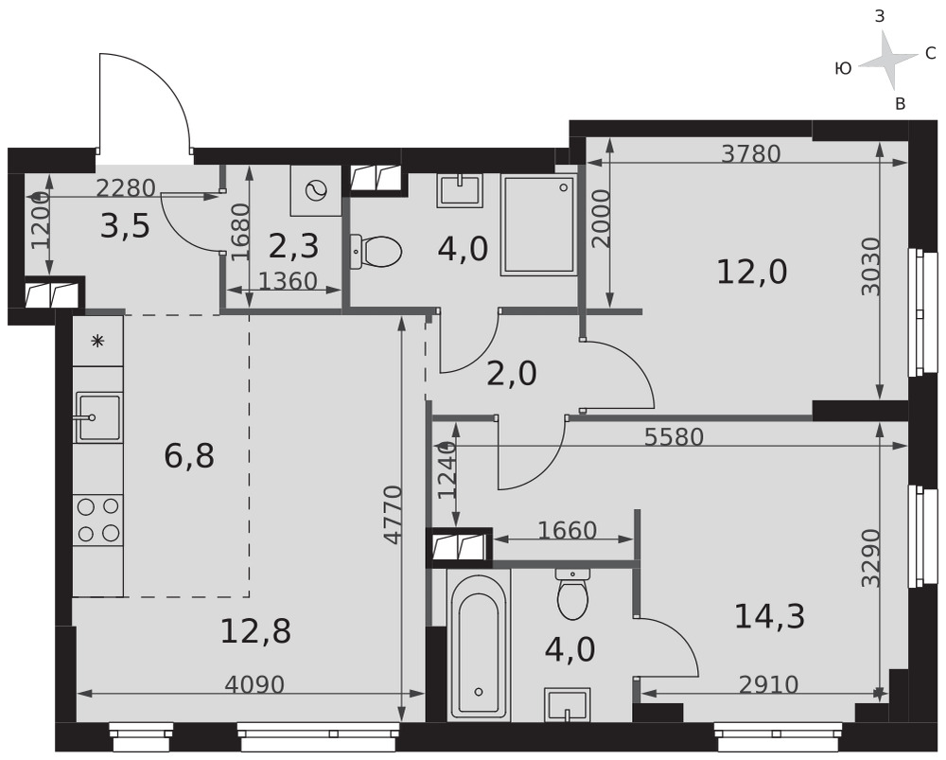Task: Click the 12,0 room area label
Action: (752, 273)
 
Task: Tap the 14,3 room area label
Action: (769, 617)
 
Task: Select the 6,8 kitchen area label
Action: (189, 456)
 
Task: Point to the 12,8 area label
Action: (255, 631)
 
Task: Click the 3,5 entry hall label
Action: (125, 226)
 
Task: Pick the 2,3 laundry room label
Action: (293, 247)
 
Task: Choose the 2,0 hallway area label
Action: (512, 374)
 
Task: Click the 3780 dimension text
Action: (751, 154)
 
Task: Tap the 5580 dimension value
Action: (674, 437)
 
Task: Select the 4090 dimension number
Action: (254, 684)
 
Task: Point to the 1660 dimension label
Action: (567, 531)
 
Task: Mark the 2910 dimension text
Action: (768, 684)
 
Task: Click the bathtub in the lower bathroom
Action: (479, 645)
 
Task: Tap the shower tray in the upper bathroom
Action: (539, 225)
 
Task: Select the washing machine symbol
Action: (316, 191)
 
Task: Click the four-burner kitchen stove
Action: (97, 520)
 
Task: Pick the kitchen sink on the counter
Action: (97, 417)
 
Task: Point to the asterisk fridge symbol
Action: (96, 342)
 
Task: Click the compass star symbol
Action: (887, 61)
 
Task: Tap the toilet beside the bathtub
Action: (573, 593)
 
